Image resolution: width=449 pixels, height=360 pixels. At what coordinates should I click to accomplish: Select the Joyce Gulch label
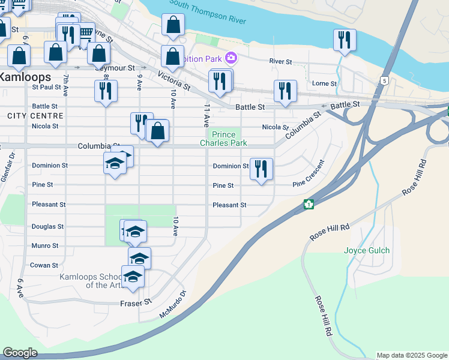[367, 250]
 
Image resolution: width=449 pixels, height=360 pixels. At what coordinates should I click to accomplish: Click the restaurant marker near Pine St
[261, 169]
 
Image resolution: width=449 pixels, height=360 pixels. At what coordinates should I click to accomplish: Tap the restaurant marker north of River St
[345, 40]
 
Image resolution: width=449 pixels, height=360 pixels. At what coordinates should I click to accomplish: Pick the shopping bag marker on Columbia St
[157, 130]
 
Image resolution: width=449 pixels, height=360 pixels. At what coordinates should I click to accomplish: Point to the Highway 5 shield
[384, 80]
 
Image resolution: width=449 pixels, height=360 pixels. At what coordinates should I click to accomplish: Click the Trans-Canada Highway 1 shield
[309, 204]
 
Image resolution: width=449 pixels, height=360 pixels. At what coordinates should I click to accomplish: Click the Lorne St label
[325, 83]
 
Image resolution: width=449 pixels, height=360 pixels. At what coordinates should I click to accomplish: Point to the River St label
[280, 61]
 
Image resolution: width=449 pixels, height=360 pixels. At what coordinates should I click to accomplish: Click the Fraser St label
[136, 303]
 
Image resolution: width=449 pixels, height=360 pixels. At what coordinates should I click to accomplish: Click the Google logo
[20, 352]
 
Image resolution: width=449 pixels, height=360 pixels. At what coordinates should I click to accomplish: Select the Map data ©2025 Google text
[411, 355]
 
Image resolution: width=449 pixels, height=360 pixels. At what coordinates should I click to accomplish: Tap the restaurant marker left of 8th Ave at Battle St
[106, 91]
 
